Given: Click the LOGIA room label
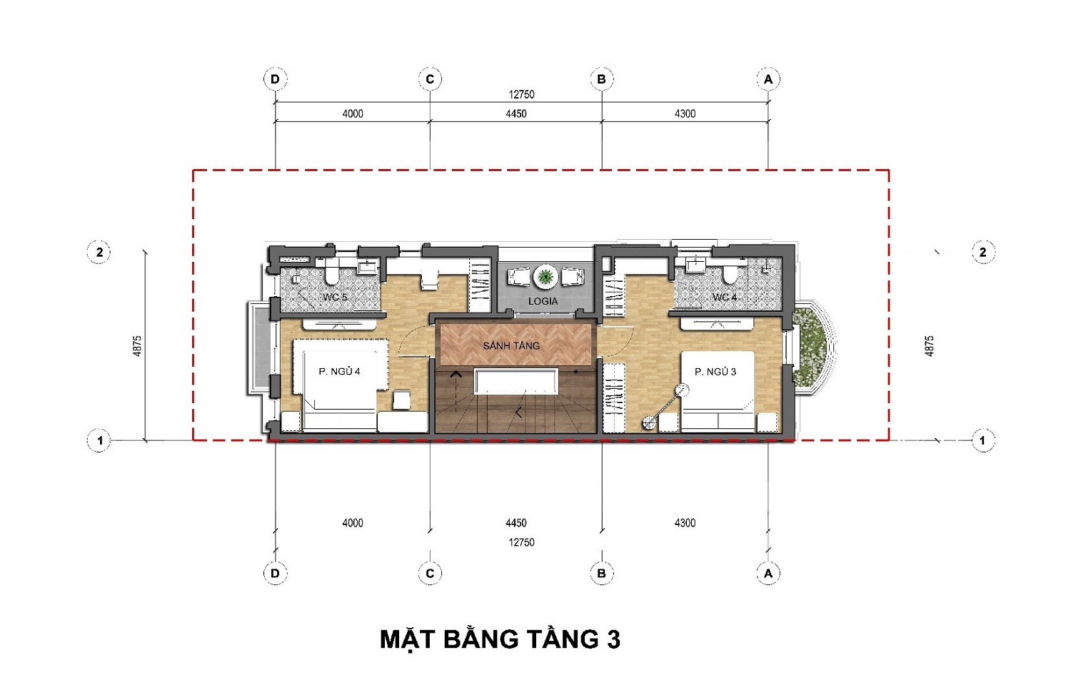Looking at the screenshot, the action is [x=543, y=301].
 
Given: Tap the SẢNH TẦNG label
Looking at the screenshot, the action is [x=511, y=345].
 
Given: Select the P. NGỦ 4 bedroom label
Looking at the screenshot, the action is [x=339, y=371].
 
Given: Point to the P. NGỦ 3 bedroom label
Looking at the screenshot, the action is [x=715, y=371].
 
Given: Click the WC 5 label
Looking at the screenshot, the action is [x=335, y=297].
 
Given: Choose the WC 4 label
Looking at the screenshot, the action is [x=724, y=297].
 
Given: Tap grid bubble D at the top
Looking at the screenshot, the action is [x=275, y=79].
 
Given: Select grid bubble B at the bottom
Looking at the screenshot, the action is [x=601, y=573].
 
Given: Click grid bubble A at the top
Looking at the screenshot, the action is [x=768, y=79].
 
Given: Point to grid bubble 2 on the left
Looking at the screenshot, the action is [x=99, y=252].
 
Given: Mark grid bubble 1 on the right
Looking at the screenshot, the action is [x=982, y=440].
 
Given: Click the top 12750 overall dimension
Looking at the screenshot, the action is [x=521, y=95].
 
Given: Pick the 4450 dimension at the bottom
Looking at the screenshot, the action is [x=516, y=523].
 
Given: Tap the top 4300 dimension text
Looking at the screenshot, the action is [x=685, y=113].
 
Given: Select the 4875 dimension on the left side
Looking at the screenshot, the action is [x=137, y=346].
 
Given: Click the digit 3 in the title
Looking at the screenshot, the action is [x=613, y=639].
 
